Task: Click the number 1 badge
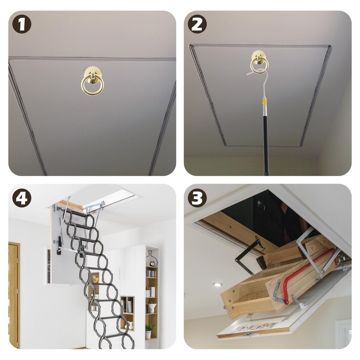[22, 24]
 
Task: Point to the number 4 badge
[22, 198]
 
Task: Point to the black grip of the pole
[266, 144]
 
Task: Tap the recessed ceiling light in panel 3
[217, 284]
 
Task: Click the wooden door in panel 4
[13, 295]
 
